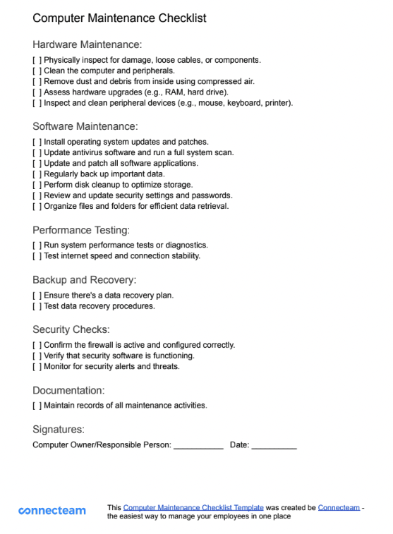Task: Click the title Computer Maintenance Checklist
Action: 119,18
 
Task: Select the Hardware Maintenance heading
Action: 87,44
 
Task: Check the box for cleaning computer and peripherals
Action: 37,71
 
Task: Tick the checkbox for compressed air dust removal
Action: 37,81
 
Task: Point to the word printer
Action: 276,103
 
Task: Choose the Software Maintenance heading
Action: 85,126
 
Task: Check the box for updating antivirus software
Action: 37,152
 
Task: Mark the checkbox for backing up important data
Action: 37,174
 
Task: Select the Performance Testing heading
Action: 81,230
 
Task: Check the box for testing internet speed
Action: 37,255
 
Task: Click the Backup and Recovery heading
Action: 84,280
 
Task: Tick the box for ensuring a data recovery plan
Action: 37,295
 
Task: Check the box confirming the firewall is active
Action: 37,345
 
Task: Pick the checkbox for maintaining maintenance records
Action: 37,406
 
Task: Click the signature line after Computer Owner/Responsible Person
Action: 198,447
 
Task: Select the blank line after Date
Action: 274,447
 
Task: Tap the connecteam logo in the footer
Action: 52,510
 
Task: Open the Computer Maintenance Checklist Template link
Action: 193,507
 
